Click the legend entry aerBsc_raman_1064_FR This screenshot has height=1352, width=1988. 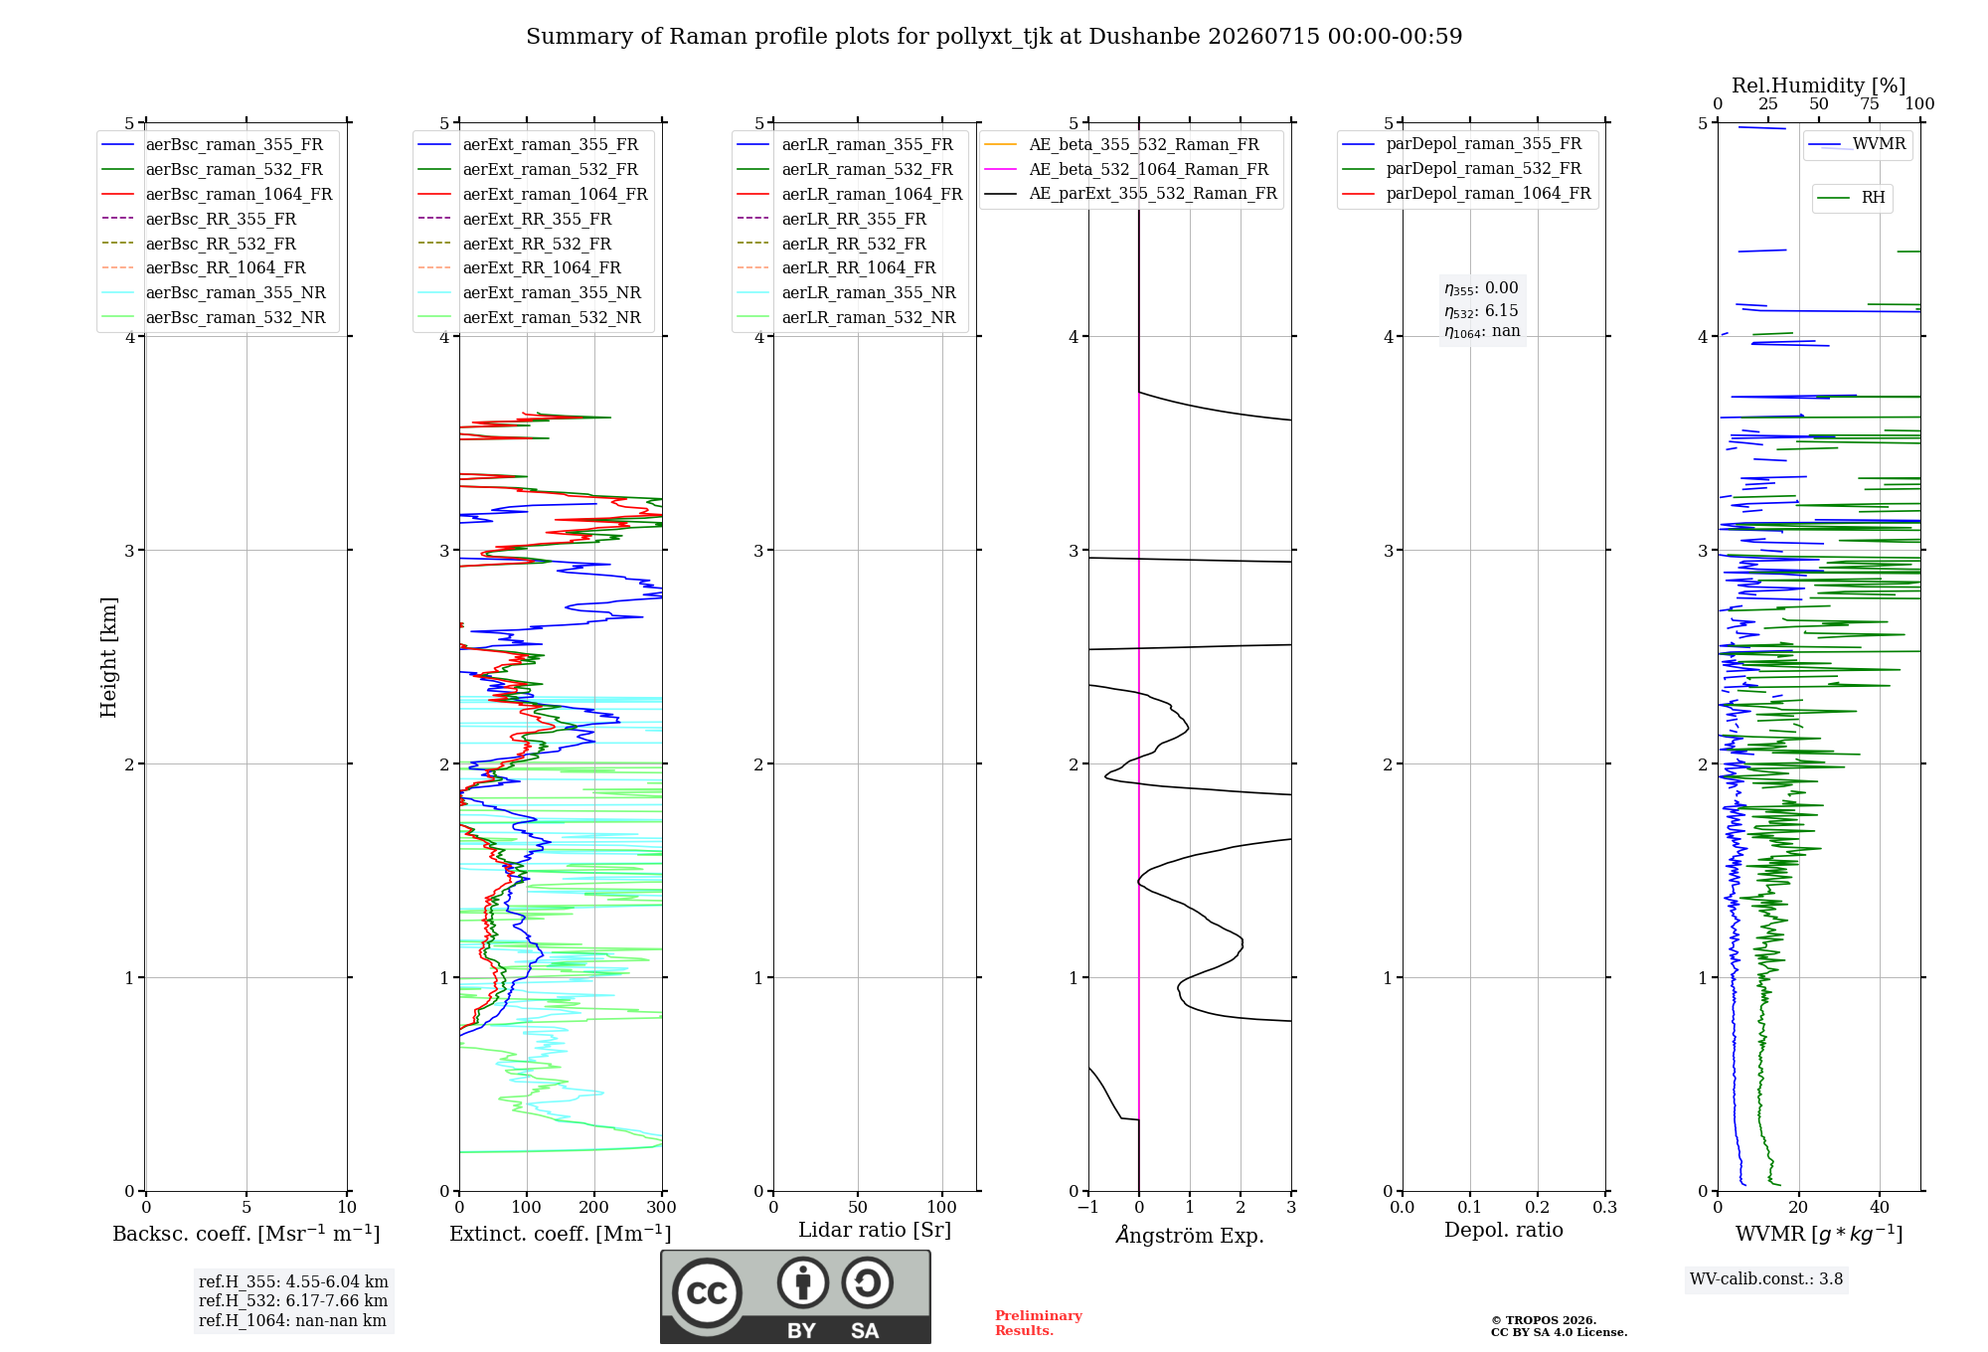pyautogui.click(x=217, y=194)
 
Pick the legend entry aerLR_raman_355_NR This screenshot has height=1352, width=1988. pyautogui.click(x=846, y=292)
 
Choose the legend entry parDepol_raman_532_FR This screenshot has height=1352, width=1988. pyautogui.click(x=1461, y=169)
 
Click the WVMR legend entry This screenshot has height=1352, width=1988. pyautogui.click(x=1857, y=144)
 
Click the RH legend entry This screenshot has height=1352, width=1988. pyautogui.click(x=1851, y=198)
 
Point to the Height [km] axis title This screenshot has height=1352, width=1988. pyautogui.click(x=108, y=657)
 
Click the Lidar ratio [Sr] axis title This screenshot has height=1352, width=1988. pyautogui.click(x=875, y=1230)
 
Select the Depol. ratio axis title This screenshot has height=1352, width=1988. pyautogui.click(x=1504, y=1230)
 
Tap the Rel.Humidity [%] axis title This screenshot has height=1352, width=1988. pyautogui.click(x=1819, y=85)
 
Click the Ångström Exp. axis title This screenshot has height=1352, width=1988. pyautogui.click(x=1190, y=1235)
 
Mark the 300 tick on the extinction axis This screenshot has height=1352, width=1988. pyautogui.click(x=661, y=1207)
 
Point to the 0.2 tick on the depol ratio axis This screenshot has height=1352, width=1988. pyautogui.click(x=1538, y=1207)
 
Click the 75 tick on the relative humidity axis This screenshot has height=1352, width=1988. pyautogui.click(x=1870, y=104)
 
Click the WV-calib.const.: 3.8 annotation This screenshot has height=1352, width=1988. pyautogui.click(x=1766, y=1279)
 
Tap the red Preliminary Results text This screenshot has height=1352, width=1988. pyautogui.click(x=1039, y=1323)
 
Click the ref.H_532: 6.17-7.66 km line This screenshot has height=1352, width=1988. pyautogui.click(x=293, y=1300)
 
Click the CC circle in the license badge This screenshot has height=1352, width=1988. pyautogui.click(x=707, y=1292)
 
